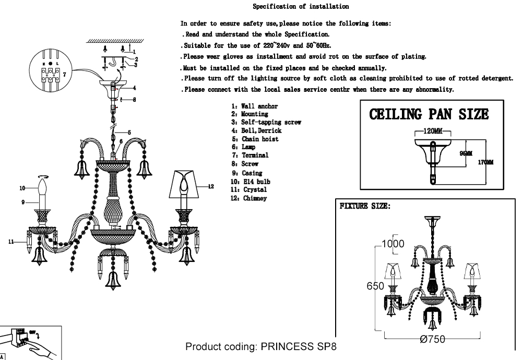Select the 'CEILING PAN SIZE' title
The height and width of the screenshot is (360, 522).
429,114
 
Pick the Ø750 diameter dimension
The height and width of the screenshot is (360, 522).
433,339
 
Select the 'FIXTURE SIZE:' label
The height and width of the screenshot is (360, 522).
365,206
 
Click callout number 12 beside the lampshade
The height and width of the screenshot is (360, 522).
211,186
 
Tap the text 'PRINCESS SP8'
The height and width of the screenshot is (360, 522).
301,347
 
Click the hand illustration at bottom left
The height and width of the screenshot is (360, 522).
37,347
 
